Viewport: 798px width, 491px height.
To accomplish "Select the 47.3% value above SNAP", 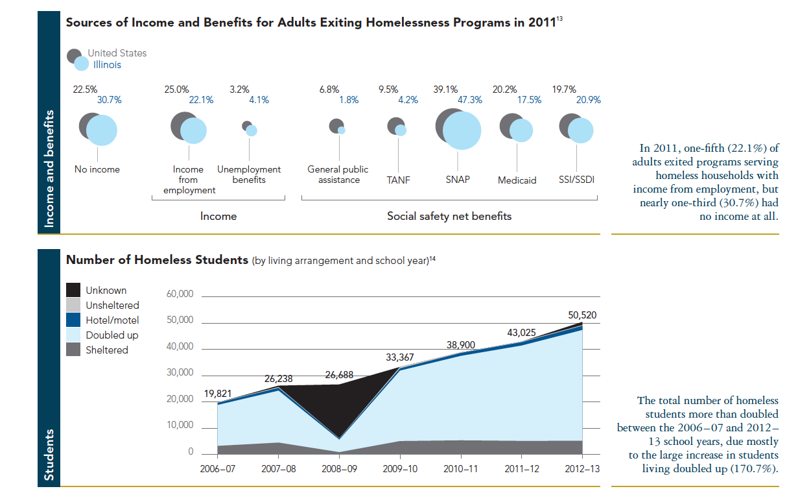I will (469, 100).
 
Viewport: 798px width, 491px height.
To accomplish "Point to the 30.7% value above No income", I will (109, 100).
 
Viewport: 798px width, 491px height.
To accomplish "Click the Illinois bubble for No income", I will (102, 130).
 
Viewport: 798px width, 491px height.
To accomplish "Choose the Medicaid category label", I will (517, 180).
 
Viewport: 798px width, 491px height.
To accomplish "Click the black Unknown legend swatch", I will (74, 291).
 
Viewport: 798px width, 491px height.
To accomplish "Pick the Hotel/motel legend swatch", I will (74, 320).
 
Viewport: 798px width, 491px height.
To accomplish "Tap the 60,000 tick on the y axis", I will (180, 294).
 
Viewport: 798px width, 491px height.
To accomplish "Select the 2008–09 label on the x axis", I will (339, 468).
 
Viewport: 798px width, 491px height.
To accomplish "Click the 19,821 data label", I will (218, 393).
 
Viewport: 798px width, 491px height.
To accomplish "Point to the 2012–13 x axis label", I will (581, 468).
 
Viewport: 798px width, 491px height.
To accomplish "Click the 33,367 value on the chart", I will (399, 357).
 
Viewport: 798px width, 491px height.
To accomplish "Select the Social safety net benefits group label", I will (449, 216).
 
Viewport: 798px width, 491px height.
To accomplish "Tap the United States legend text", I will (117, 53).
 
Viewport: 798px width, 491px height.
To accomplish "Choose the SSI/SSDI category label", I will (576, 180).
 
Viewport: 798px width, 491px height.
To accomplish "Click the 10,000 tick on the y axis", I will (180, 425).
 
